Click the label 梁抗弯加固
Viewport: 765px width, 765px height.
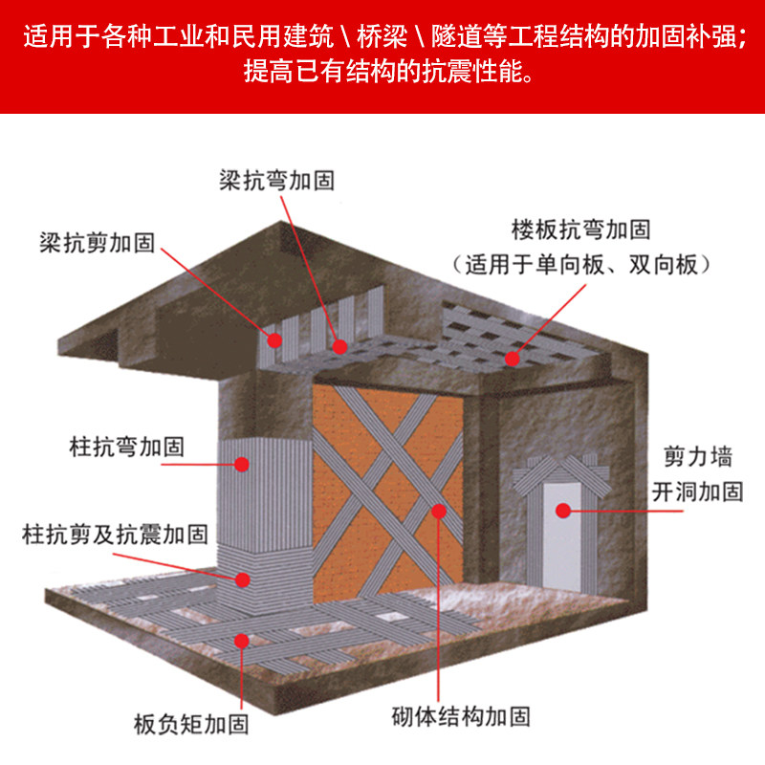(276, 181)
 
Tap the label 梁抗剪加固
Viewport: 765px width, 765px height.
(98, 243)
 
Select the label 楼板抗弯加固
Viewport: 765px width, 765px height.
(581, 229)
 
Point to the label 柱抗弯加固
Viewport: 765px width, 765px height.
(127, 447)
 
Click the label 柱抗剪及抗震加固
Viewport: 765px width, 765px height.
(115, 534)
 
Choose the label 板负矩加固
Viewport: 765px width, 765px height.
(191, 724)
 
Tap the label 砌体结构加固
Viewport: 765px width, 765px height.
(461, 716)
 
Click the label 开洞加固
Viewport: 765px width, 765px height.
(698, 492)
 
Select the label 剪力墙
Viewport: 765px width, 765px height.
(698, 457)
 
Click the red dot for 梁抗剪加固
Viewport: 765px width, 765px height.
(274, 340)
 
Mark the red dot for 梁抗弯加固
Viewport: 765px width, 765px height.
(339, 347)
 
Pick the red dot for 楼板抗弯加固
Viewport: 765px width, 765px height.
(512, 359)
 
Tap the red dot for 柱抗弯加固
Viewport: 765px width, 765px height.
(242, 464)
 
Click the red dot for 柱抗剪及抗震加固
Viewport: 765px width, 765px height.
(243, 579)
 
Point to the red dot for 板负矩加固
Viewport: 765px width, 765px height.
(242, 641)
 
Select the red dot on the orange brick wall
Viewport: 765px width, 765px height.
(439, 511)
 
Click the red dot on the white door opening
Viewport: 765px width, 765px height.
(563, 511)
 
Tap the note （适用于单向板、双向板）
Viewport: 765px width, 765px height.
(581, 265)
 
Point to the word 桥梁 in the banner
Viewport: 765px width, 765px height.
(382, 36)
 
